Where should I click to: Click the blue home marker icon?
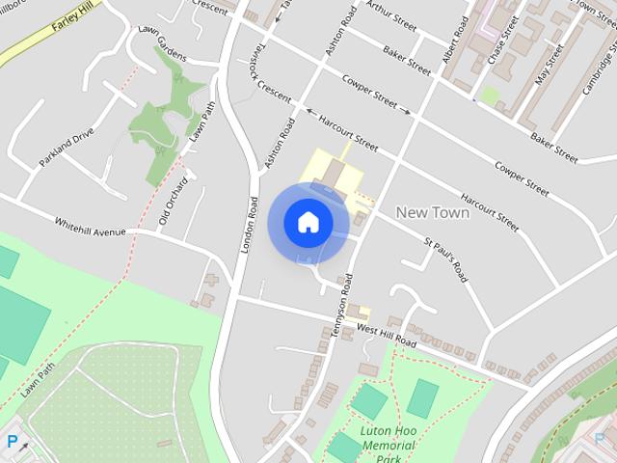[308, 223]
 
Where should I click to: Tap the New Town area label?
[433, 212]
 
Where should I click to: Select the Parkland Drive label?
[67, 148]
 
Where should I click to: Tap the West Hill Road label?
[385, 336]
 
